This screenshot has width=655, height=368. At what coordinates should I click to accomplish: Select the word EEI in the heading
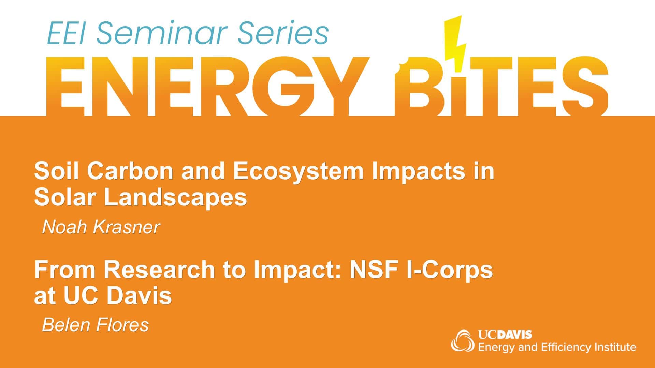65,34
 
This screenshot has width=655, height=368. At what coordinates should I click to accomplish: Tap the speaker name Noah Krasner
101,227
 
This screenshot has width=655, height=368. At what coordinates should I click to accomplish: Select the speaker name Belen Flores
95,325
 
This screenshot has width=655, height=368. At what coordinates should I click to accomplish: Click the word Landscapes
175,197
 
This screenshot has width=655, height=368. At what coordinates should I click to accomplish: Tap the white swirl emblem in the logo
463,340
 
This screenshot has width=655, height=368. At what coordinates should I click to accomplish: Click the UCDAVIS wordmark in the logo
505,335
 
